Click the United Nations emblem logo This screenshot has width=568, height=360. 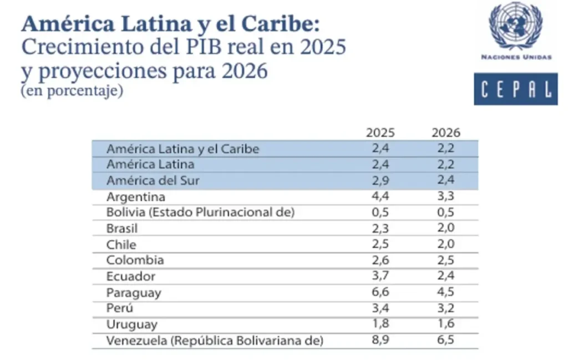click(515, 26)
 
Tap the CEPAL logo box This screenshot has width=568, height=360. click(515, 89)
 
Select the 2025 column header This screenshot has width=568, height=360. click(380, 133)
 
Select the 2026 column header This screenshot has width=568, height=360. click(446, 133)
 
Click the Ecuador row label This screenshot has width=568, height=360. click(131, 276)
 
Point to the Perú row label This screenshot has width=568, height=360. click(120, 308)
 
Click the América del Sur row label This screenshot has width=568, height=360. click(153, 181)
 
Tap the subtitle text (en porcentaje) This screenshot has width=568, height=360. click(72, 91)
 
